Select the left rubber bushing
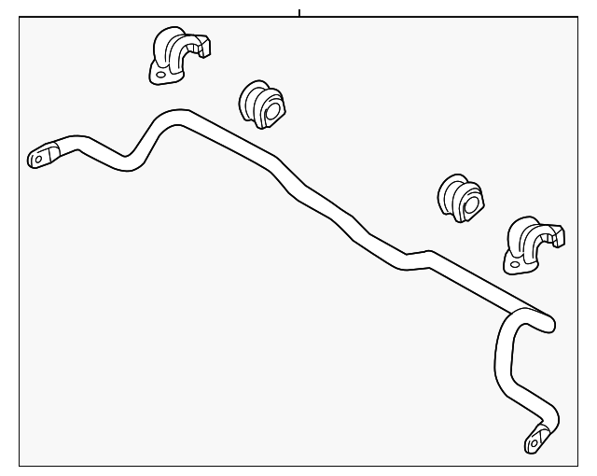261,105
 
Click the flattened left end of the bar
43,155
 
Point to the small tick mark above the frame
299,12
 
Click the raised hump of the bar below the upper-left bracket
174,117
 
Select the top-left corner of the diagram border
20,18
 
